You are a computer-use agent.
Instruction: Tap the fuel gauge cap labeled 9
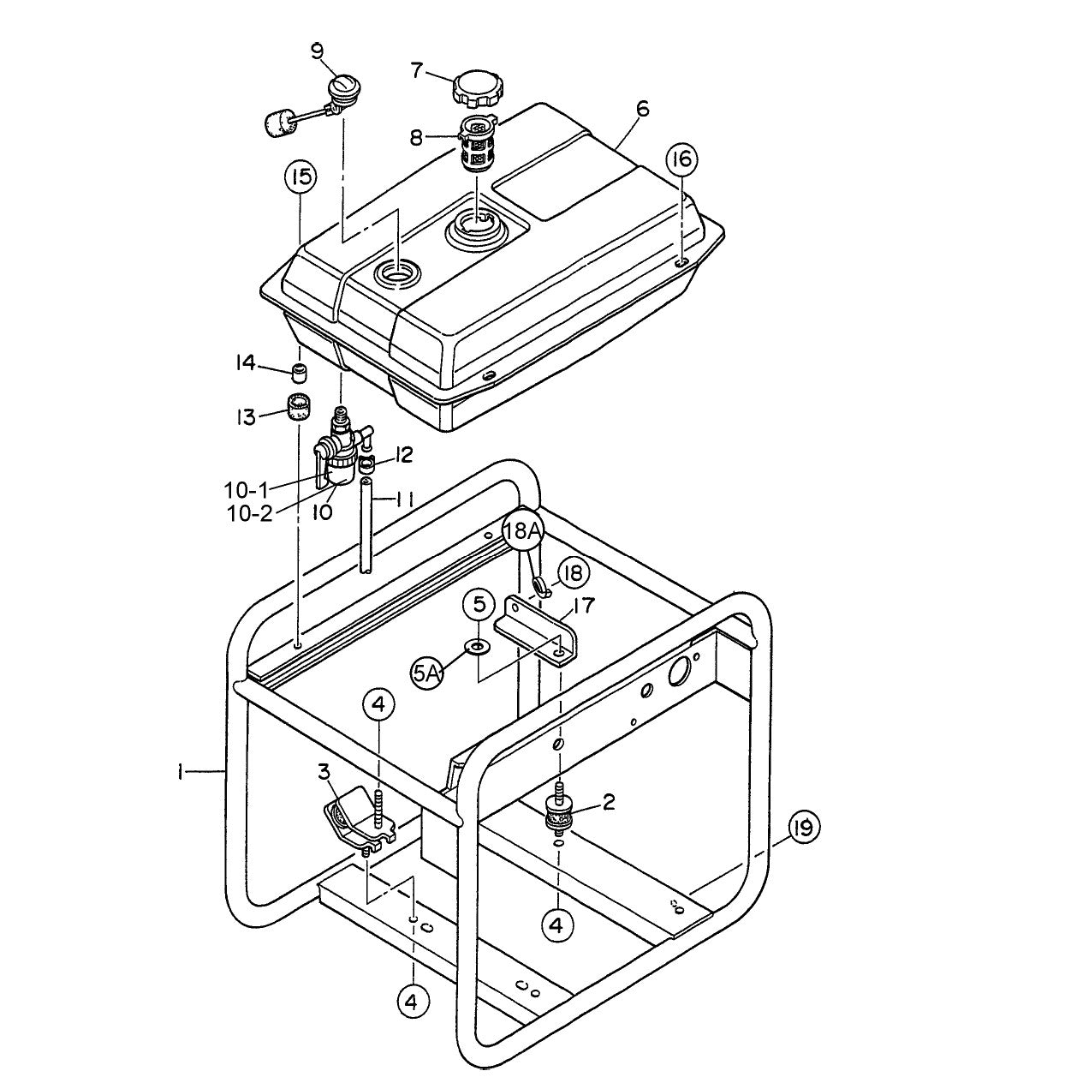coord(345,89)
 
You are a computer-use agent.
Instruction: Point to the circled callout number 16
coord(682,159)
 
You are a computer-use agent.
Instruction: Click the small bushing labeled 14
coord(299,373)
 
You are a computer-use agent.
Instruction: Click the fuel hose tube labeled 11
coord(366,527)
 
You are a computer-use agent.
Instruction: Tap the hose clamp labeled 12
coord(366,464)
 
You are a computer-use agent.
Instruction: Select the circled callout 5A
coord(427,673)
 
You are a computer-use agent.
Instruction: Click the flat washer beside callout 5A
coord(477,644)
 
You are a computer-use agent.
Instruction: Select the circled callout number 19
coord(804,829)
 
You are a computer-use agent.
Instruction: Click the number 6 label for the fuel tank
coord(643,109)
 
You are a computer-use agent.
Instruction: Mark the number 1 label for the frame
coord(181,773)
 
